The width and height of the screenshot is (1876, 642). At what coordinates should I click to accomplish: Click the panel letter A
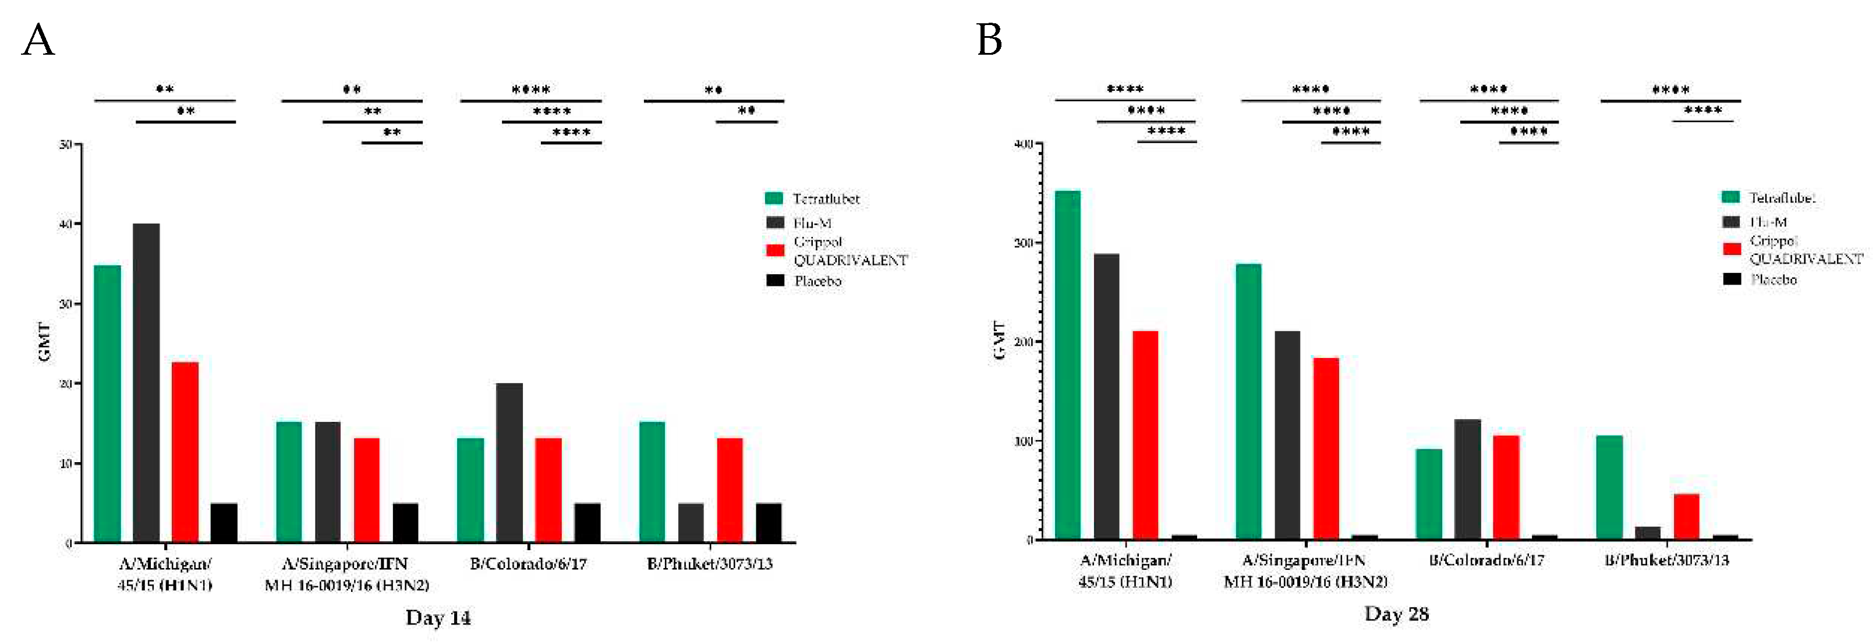[x=38, y=41]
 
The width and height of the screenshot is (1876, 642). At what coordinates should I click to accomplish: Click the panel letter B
[x=989, y=40]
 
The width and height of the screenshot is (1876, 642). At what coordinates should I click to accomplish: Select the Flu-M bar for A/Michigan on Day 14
[x=146, y=382]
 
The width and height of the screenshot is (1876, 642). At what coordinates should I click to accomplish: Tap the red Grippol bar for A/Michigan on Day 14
[x=185, y=451]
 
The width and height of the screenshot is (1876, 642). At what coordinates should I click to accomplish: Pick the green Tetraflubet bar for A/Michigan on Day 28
[x=1068, y=364]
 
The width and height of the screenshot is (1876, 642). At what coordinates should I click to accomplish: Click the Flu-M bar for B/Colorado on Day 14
[x=509, y=462]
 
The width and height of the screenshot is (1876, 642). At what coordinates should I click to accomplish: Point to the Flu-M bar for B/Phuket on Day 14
[x=691, y=522]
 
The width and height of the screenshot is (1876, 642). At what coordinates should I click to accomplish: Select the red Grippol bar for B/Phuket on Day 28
[x=1686, y=516]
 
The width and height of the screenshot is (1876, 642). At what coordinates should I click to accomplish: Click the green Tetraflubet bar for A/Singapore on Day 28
[x=1248, y=400]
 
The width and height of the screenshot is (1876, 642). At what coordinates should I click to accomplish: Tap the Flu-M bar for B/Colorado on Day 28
[x=1467, y=478]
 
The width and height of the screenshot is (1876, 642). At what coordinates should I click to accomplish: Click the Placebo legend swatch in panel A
[x=775, y=280]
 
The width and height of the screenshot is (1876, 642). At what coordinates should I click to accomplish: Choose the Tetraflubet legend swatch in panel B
[x=1730, y=197]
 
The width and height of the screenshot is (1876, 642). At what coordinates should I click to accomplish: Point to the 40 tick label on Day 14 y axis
[x=66, y=224]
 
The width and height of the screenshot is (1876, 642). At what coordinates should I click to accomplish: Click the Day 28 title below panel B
[x=1396, y=614]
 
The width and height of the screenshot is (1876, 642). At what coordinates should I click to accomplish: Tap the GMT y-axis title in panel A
[x=44, y=342]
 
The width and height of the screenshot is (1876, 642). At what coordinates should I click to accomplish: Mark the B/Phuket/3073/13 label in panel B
[x=1666, y=561]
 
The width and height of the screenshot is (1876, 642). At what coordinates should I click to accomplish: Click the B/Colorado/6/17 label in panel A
[x=528, y=564]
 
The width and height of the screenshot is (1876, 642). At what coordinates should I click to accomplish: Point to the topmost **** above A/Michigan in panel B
[x=1124, y=90]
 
